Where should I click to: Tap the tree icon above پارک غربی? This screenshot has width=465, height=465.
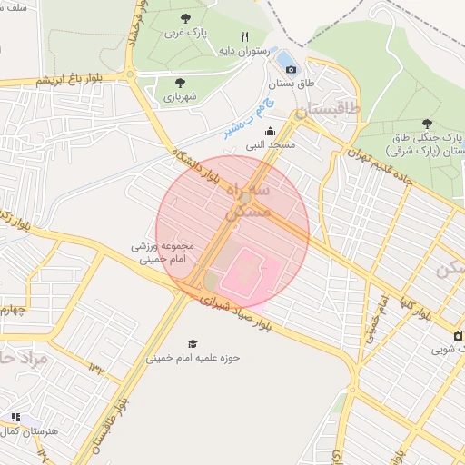[x=186, y=17]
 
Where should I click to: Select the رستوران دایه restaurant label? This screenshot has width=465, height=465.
[x=244, y=51]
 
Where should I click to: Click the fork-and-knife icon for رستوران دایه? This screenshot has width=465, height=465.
[x=244, y=36]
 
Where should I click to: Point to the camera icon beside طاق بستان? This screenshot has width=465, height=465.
[x=291, y=68]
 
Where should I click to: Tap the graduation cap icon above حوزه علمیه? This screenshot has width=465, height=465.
[x=192, y=343]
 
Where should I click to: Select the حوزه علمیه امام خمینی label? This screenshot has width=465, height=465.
[x=192, y=358]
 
